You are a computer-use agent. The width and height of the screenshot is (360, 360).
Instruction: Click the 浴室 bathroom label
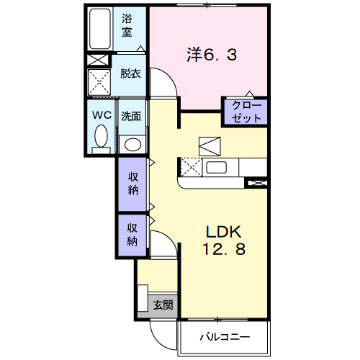pyautogui.click(x=127, y=25)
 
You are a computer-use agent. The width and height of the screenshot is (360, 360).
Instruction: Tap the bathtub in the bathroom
pyautogui.click(x=100, y=29)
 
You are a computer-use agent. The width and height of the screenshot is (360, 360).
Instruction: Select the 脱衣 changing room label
pyautogui.click(x=130, y=73)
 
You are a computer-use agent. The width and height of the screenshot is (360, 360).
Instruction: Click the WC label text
pyautogui.click(x=99, y=115)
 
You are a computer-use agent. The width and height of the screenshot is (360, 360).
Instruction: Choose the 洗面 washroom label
pyautogui.click(x=130, y=115)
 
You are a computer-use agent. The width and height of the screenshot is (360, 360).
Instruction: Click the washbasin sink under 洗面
pyautogui.click(x=131, y=142)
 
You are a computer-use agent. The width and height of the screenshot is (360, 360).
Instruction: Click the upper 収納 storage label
pyautogui.click(x=133, y=184)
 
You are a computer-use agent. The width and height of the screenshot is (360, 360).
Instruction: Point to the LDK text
pyautogui.click(x=226, y=233)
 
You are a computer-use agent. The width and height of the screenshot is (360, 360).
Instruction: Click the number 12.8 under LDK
pyautogui.click(x=225, y=250)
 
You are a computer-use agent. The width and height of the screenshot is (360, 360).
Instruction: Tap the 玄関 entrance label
pyautogui.click(x=163, y=305)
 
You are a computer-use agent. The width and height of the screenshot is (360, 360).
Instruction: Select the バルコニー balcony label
pyautogui.click(x=224, y=336)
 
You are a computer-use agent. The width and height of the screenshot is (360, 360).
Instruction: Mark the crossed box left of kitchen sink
pyautogui.click(x=190, y=168)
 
